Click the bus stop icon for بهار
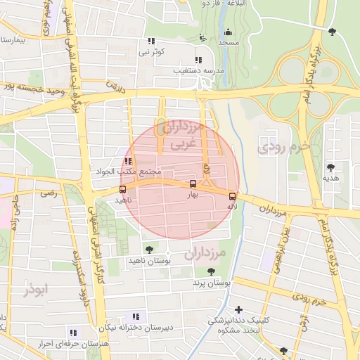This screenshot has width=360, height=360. click(x=193, y=184)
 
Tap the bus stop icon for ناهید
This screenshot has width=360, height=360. click(x=123, y=189)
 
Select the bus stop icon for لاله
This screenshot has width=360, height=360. click(x=232, y=196)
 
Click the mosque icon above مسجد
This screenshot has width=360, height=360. click(x=227, y=32)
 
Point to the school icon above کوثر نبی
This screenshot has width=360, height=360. click(x=151, y=41)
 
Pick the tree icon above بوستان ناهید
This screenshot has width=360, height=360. click(x=148, y=249)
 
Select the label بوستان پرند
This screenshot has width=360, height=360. click(x=212, y=283)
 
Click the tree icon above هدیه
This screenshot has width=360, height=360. click(x=330, y=167)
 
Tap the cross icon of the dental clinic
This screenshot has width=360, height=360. click(x=239, y=309)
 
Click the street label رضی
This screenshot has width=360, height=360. click(x=49, y=193)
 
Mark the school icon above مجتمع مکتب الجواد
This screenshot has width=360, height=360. click(x=127, y=161)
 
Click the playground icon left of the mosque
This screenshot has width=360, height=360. click(x=203, y=38)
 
